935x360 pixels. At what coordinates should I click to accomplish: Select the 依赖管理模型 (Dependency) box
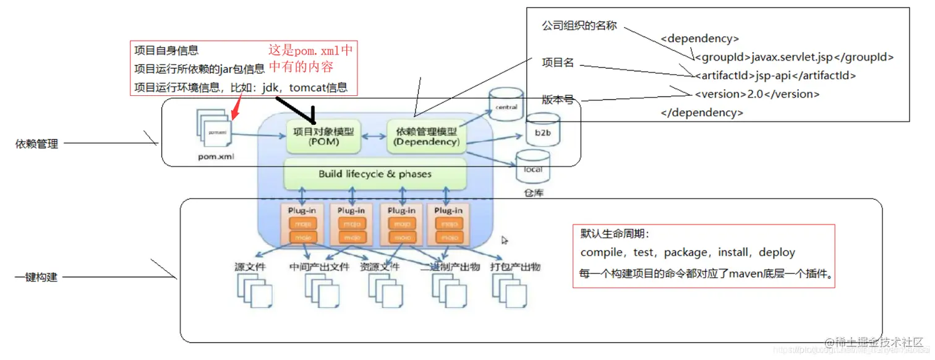[x=427, y=137]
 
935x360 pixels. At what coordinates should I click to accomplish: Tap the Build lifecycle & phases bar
[x=375, y=174]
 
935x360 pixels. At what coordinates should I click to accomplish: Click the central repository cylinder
[x=506, y=105]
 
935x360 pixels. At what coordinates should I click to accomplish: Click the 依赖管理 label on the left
[x=36, y=144]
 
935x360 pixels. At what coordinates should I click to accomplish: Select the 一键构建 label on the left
[x=36, y=278]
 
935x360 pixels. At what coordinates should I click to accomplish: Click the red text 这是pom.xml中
[x=310, y=50]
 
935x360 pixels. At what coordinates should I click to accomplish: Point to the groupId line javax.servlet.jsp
[x=794, y=57]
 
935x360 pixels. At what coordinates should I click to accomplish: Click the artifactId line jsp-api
[x=775, y=75]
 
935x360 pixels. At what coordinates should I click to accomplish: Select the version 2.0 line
[x=757, y=94]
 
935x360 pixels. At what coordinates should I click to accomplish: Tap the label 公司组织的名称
[x=579, y=27]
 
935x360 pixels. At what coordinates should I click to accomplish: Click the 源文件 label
[x=250, y=267]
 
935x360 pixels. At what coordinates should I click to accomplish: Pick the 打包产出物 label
[x=515, y=267]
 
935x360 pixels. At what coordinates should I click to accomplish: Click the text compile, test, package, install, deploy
[x=688, y=252]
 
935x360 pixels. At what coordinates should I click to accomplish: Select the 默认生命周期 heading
[x=615, y=234]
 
